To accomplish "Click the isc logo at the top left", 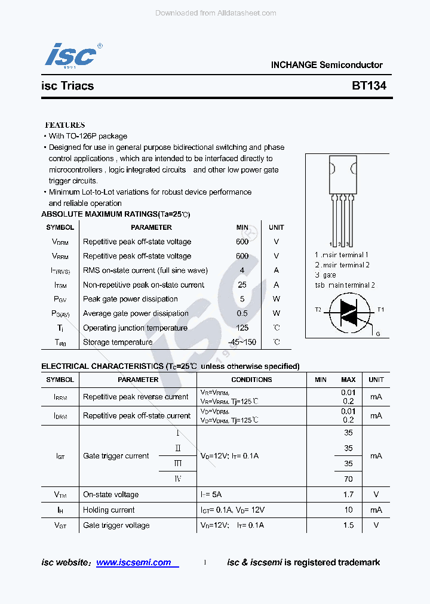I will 70,56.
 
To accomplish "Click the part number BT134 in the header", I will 368,85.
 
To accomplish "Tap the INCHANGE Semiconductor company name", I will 327,65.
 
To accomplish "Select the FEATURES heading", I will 65,125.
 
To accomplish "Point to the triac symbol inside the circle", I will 348,312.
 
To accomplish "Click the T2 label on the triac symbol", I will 318,310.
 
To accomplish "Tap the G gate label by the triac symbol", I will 378,334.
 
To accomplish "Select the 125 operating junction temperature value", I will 242,328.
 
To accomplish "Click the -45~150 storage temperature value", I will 242,342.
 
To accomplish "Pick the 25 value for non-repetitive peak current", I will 242,285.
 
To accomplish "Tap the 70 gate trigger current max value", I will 348,479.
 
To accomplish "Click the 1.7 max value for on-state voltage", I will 348,494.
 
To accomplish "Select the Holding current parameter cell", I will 109,510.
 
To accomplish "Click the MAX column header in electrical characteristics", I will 348,380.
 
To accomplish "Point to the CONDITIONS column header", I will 251,380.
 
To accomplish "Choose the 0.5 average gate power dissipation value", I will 242,313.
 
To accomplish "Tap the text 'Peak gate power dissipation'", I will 130,299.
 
